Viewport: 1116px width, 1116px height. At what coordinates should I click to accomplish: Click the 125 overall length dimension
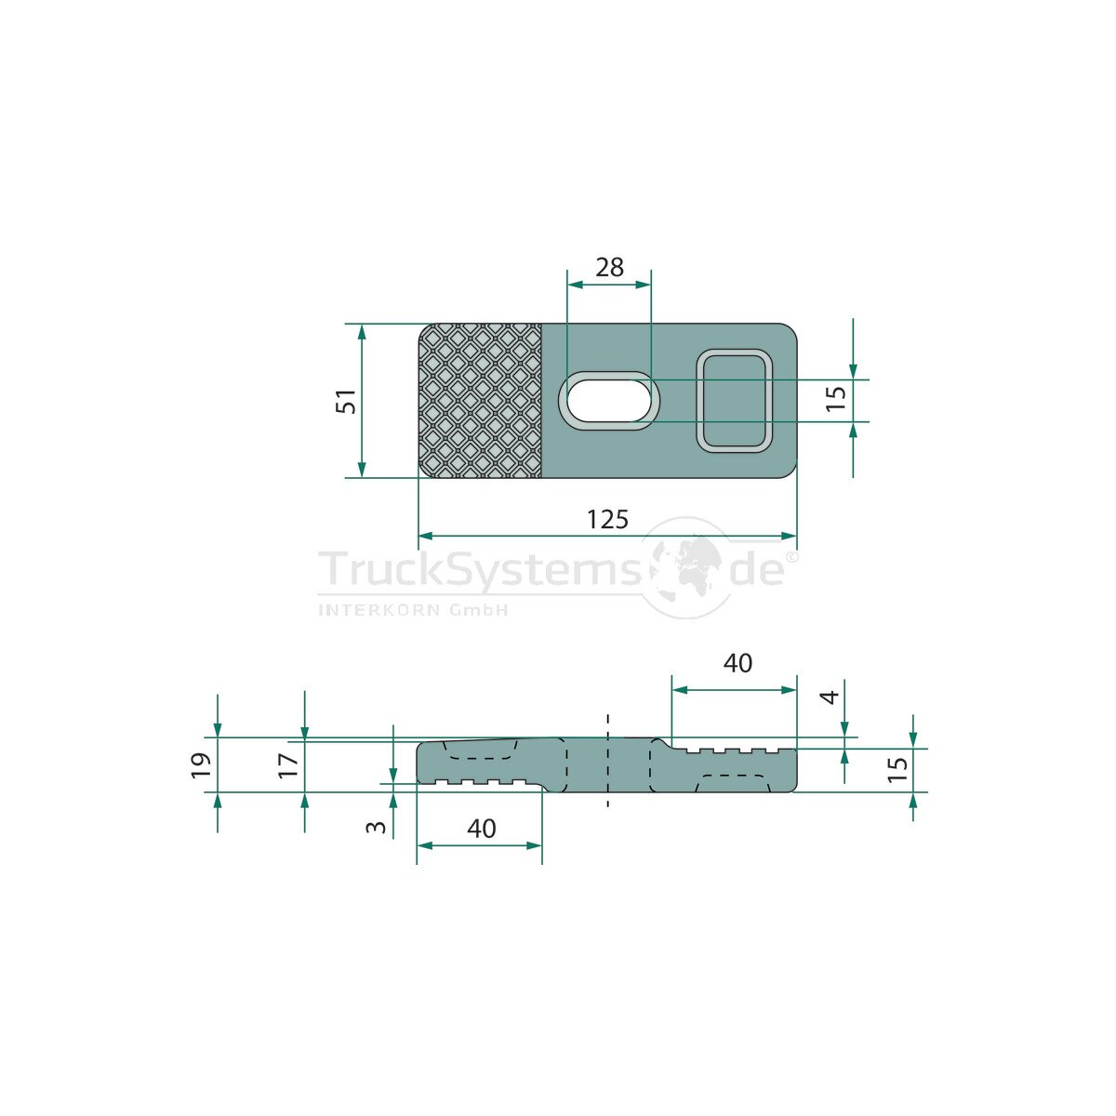pyautogui.click(x=607, y=520)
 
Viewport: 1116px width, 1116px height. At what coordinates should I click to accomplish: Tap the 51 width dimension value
pyautogui.click(x=346, y=401)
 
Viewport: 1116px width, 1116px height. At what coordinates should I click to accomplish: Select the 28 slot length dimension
pyautogui.click(x=609, y=267)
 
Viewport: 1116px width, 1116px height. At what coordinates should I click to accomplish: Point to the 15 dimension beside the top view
pyautogui.click(x=836, y=398)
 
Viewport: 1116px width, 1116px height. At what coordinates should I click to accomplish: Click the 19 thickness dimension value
pyautogui.click(x=200, y=765)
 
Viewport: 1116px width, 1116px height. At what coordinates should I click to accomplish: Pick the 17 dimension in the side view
pyautogui.click(x=287, y=765)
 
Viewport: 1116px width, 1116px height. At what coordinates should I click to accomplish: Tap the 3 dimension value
pyautogui.click(x=377, y=826)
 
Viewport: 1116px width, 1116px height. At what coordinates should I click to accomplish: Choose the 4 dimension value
pyautogui.click(x=831, y=697)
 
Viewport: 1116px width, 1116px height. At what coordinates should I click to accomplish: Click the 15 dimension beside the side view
pyautogui.click(x=897, y=770)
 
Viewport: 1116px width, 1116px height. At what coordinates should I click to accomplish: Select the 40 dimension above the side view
pyautogui.click(x=737, y=663)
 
